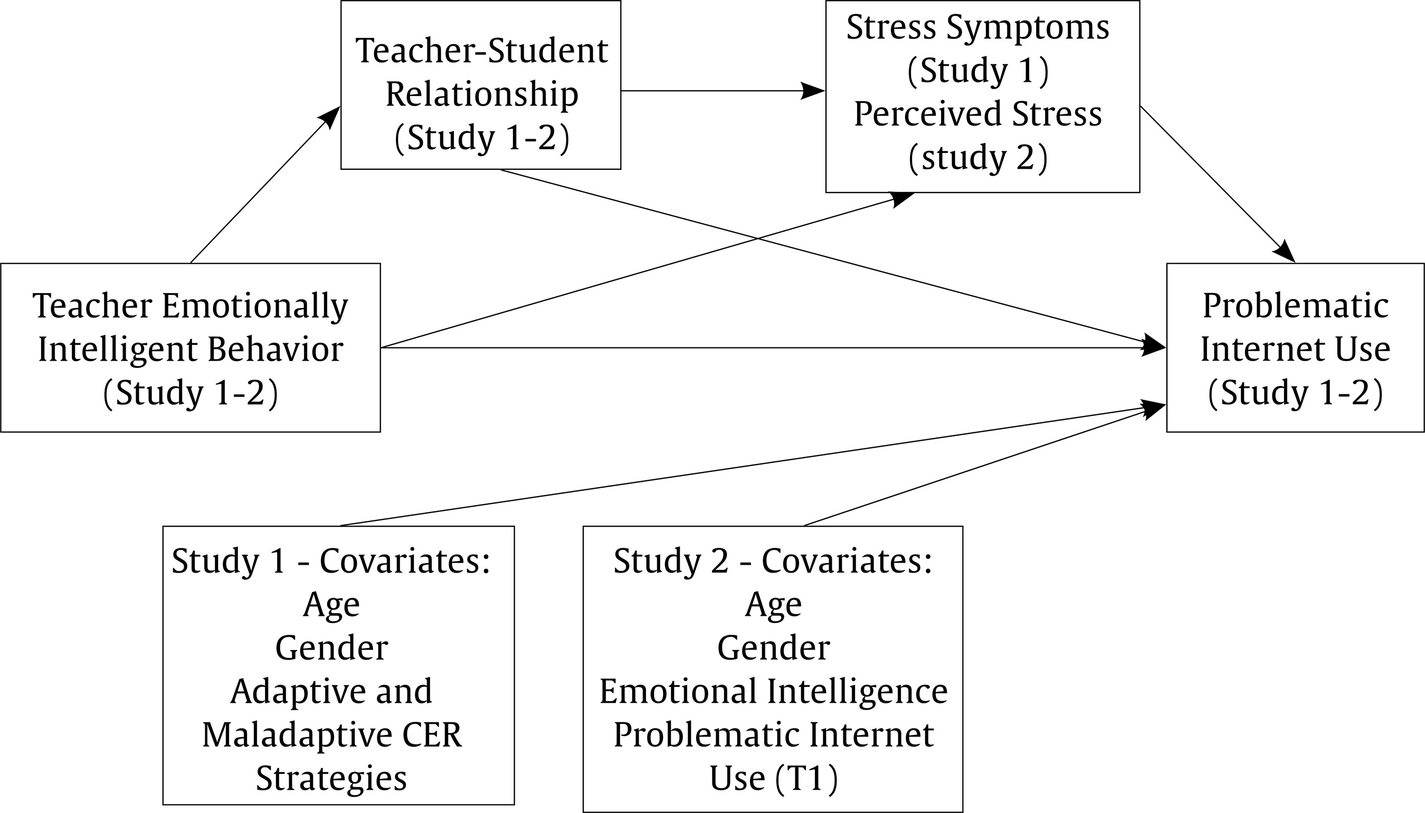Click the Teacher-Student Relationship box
tap(481, 85)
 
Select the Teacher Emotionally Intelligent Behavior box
tap(190, 347)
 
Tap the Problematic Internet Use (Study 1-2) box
tap(1295, 347)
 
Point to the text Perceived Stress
tap(977, 114)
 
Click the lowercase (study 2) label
tap(977, 158)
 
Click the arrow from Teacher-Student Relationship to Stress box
tap(721, 91)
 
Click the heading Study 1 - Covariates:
tap(331, 560)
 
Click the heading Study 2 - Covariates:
tap(773, 560)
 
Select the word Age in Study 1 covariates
tap(331, 604)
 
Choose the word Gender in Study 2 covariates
tap(773, 648)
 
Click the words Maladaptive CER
tap(332, 735)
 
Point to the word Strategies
tap(331, 778)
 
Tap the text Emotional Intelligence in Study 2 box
tap(773, 691)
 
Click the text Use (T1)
tap(773, 778)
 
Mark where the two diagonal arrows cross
tap(758, 238)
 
